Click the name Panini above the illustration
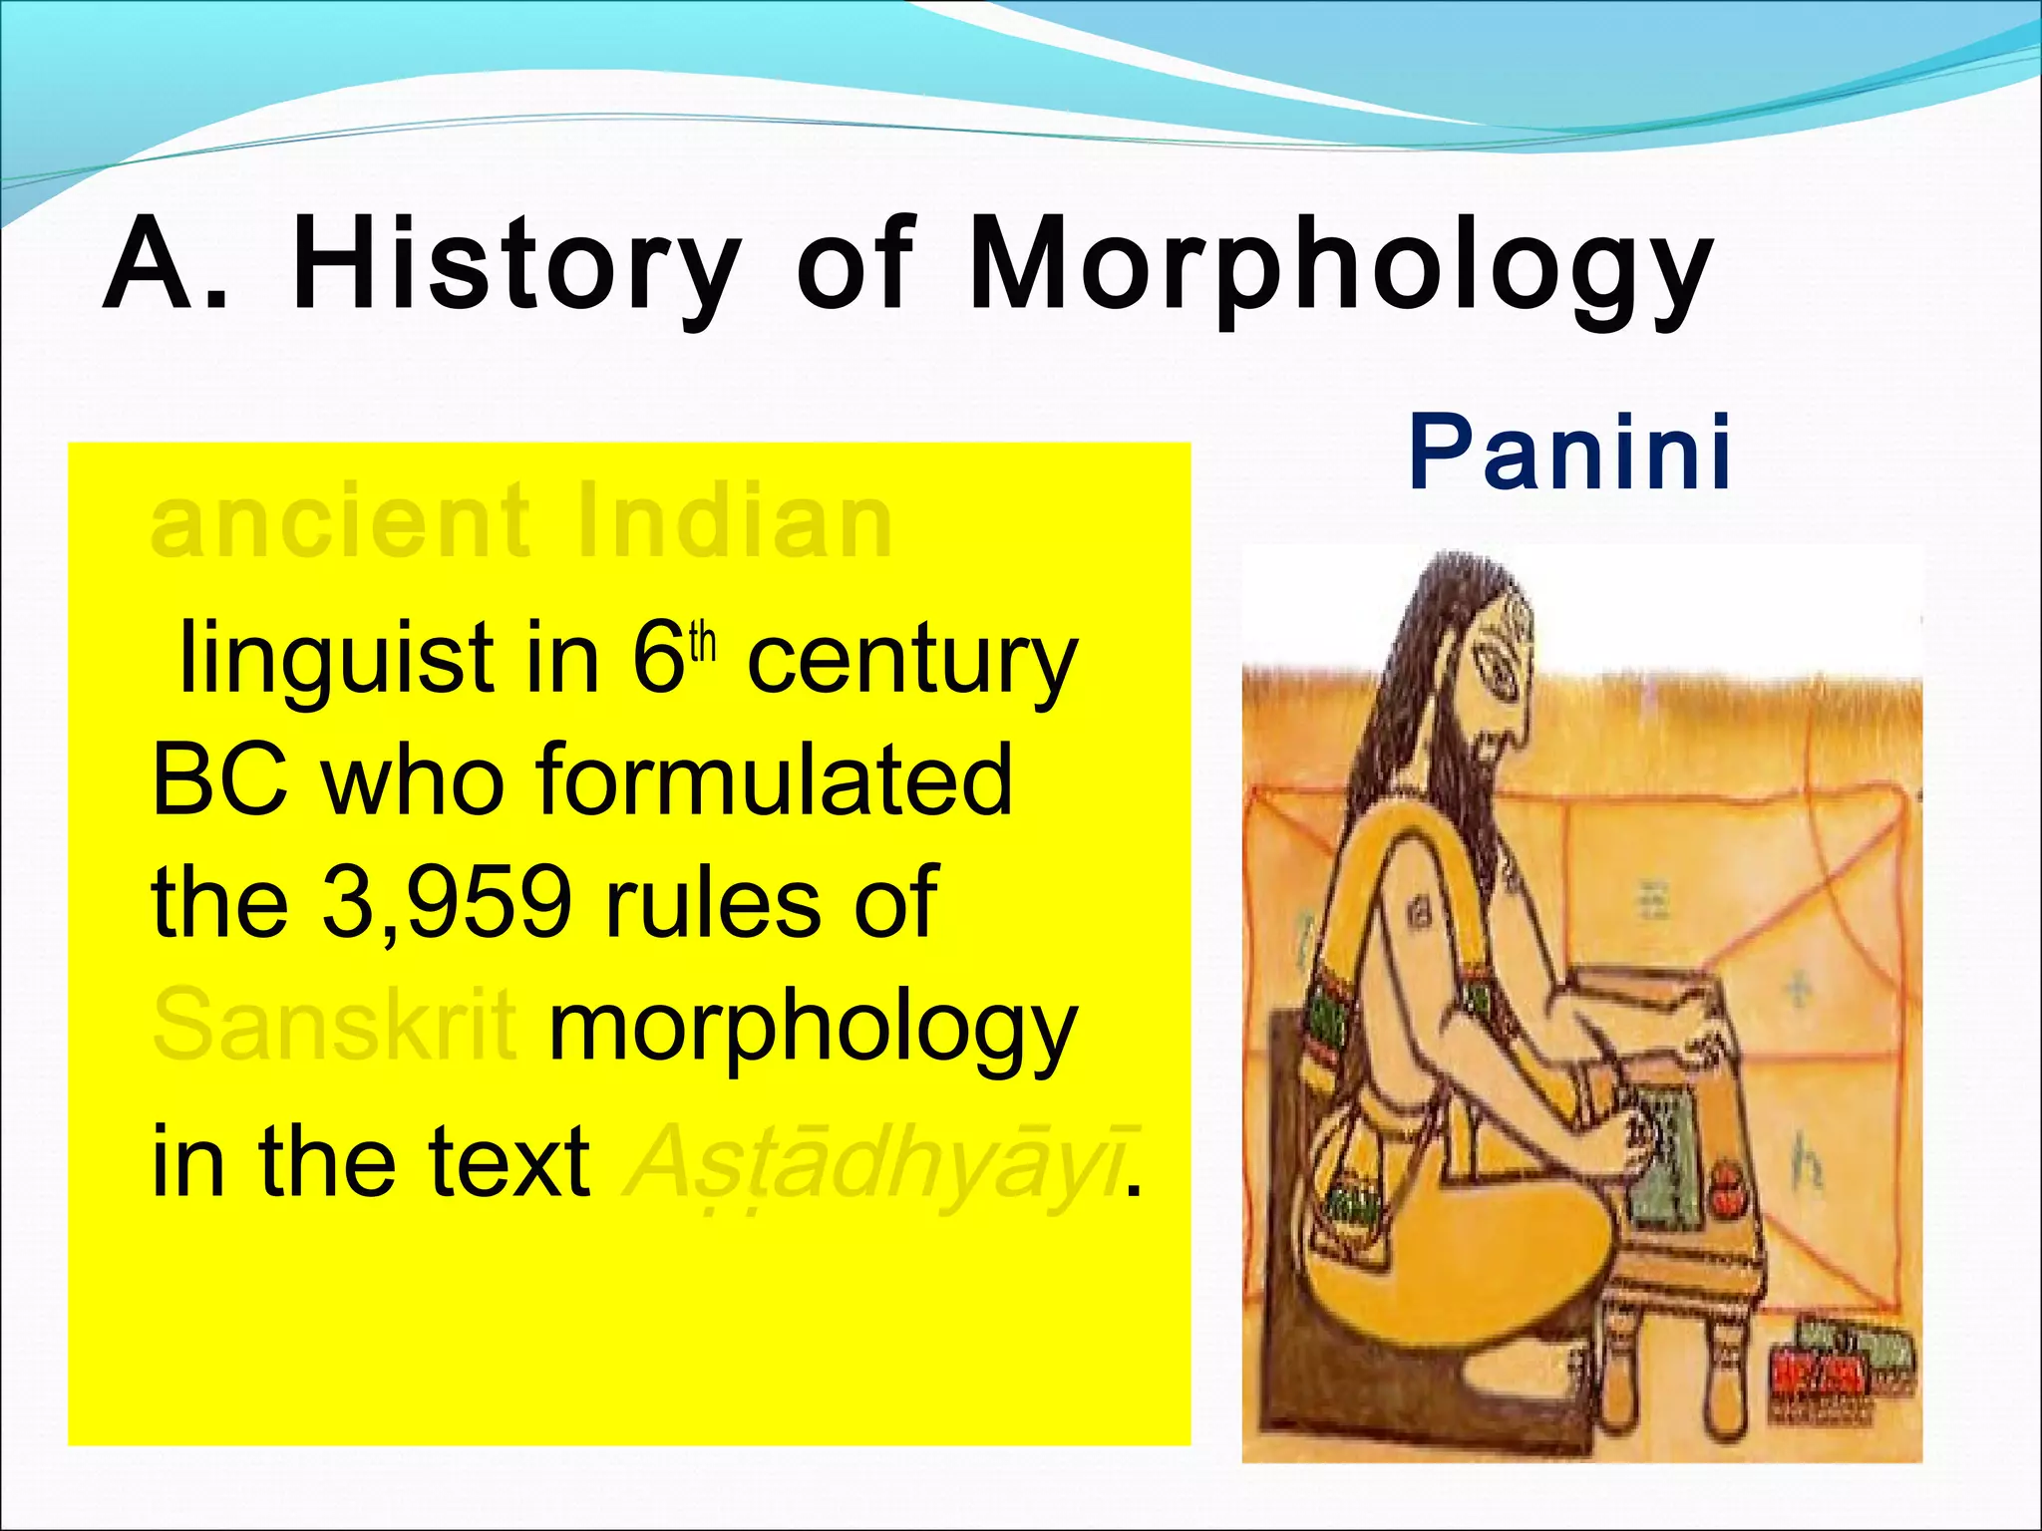pyautogui.click(x=1569, y=454)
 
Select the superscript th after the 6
pyautogui.click(x=703, y=642)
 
